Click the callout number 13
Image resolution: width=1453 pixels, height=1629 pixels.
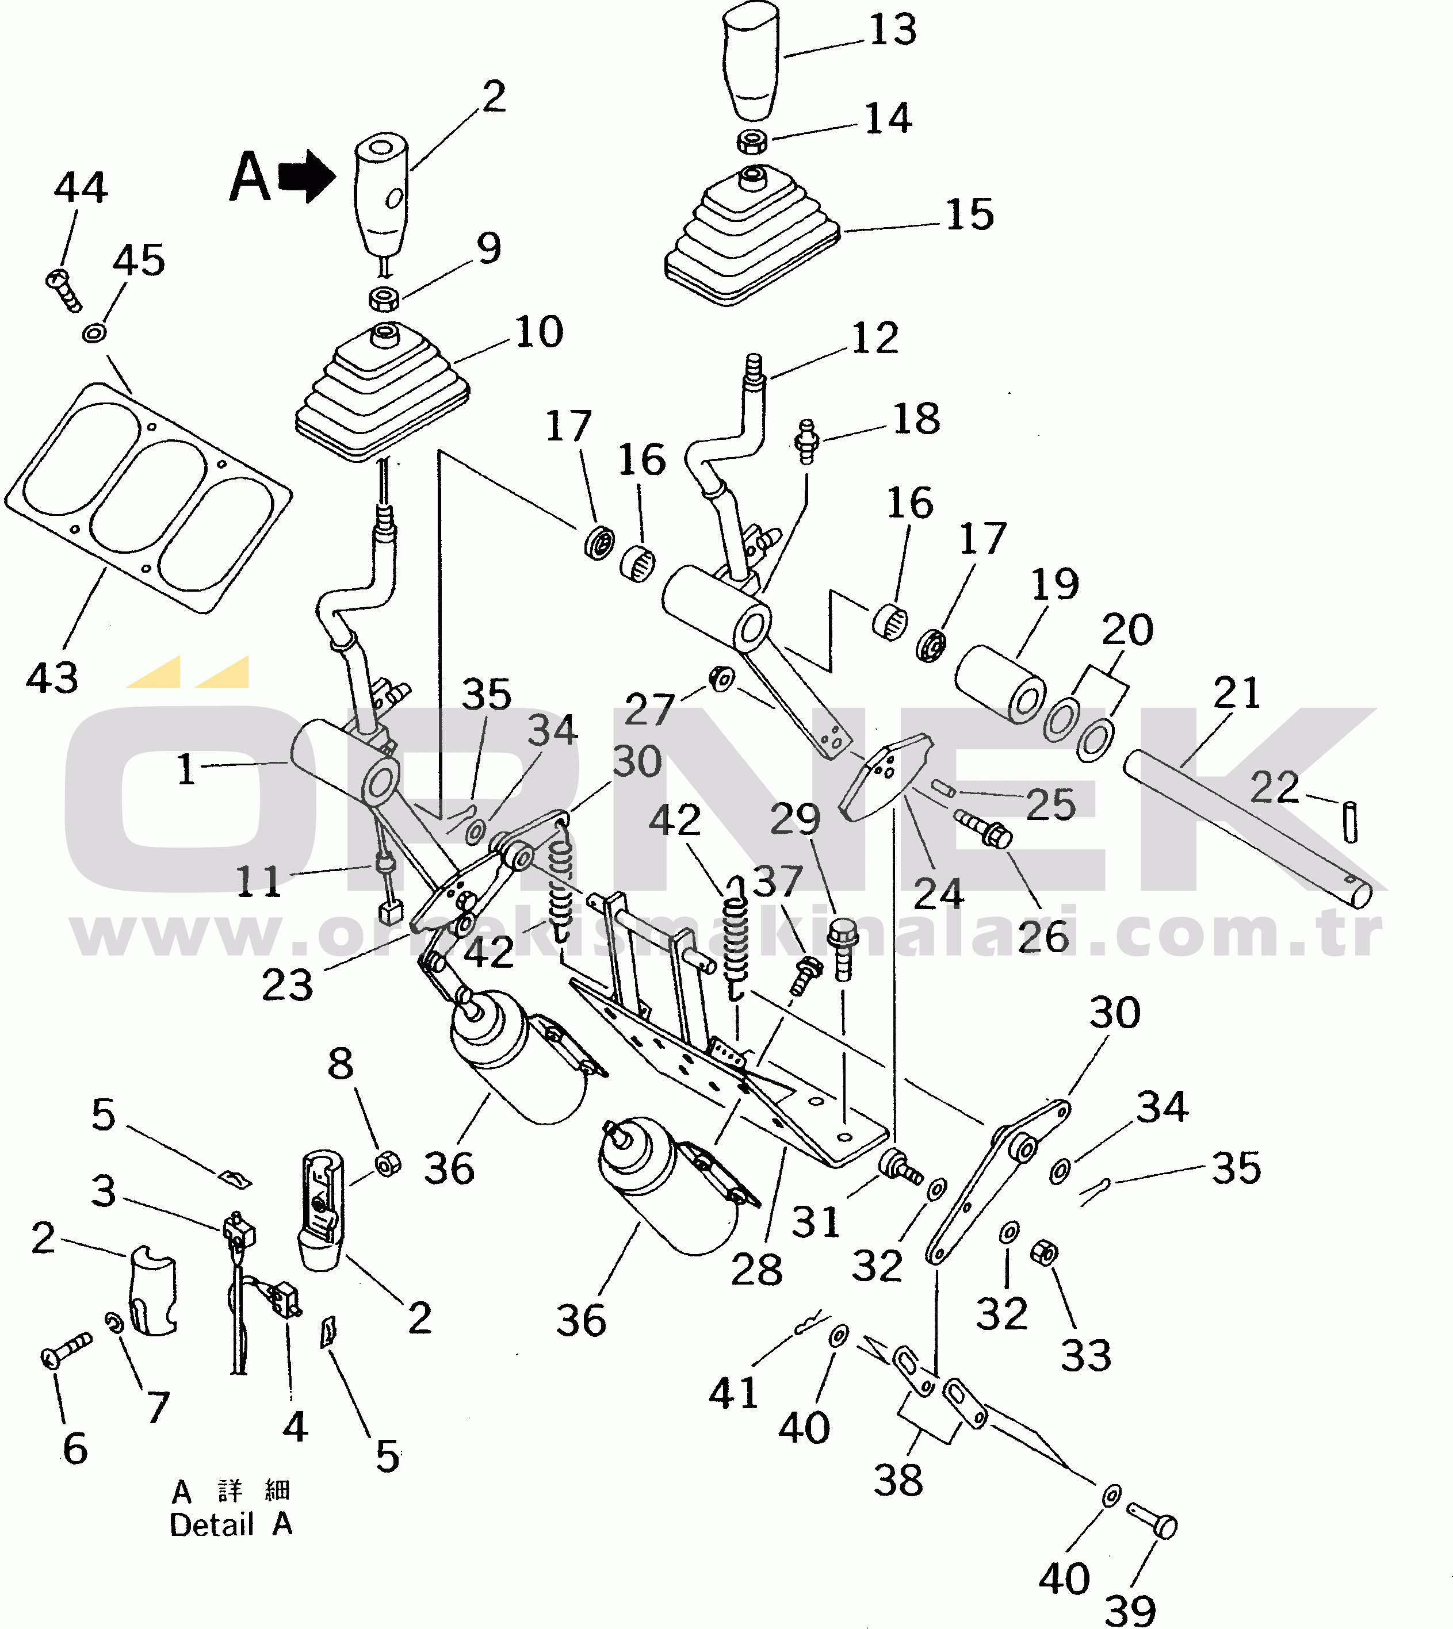[x=893, y=30]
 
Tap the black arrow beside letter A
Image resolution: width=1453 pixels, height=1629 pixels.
[x=307, y=177]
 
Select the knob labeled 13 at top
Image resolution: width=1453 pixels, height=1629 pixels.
[x=751, y=60]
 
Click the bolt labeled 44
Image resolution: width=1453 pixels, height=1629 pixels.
[x=63, y=290]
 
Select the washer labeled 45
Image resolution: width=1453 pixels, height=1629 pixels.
[x=95, y=332]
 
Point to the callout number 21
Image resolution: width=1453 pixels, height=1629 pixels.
[x=1237, y=693]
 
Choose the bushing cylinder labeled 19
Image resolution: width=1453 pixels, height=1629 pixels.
[x=1001, y=684]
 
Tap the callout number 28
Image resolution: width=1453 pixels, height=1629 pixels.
[x=757, y=1269]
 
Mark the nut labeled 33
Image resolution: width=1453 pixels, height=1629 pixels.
[x=1044, y=1252]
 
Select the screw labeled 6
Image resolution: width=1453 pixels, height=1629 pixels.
[x=66, y=1351]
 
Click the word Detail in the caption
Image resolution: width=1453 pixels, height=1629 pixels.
[x=212, y=1525]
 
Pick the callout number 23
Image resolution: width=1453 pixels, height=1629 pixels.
[x=288, y=986]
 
